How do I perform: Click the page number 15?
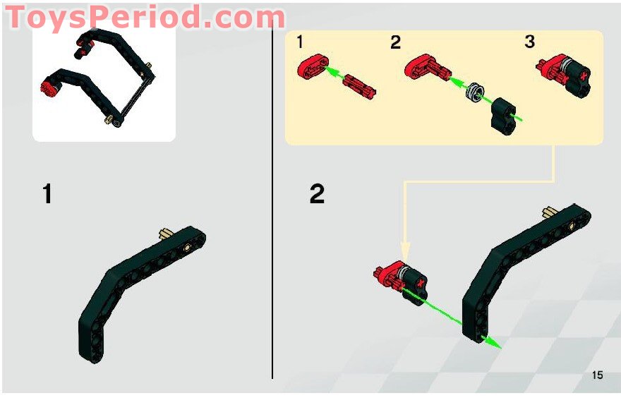[x=597, y=375]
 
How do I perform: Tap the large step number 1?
[x=47, y=193]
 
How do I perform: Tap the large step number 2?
[x=317, y=193]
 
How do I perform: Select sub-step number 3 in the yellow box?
[x=529, y=42]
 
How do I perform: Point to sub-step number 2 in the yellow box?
[x=395, y=42]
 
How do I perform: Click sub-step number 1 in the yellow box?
[x=299, y=42]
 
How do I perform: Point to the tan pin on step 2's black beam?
[x=550, y=211]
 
